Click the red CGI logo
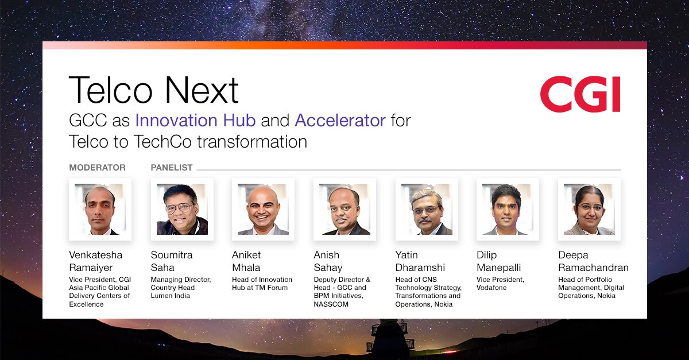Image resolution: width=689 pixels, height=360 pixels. click(x=580, y=94)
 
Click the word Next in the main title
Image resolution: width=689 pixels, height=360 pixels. click(x=202, y=90)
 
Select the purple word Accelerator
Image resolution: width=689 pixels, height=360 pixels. click(x=340, y=121)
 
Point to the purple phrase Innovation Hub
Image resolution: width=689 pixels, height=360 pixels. click(x=196, y=121)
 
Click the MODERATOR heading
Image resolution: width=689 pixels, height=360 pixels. click(x=97, y=168)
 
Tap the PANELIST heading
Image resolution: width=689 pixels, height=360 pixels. click(x=172, y=168)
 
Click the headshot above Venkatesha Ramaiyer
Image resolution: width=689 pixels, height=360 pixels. click(x=100, y=209)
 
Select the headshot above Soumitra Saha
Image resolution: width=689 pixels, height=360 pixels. click(x=182, y=209)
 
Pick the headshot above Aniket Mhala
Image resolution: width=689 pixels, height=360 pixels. click(x=264, y=209)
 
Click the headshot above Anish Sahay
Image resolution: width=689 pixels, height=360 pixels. click(x=345, y=209)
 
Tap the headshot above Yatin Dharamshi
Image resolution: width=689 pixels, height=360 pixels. click(x=427, y=209)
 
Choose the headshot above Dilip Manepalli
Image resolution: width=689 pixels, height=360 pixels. click(x=508, y=209)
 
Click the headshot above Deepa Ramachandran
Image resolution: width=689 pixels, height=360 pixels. click(x=589, y=209)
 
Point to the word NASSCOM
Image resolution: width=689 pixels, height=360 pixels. click(x=331, y=304)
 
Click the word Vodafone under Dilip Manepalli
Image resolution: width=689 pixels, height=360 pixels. click(x=491, y=288)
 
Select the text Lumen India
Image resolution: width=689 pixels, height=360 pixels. click(x=170, y=296)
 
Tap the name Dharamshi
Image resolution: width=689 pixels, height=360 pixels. click(x=420, y=268)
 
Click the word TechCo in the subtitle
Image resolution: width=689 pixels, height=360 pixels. click(x=162, y=142)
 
